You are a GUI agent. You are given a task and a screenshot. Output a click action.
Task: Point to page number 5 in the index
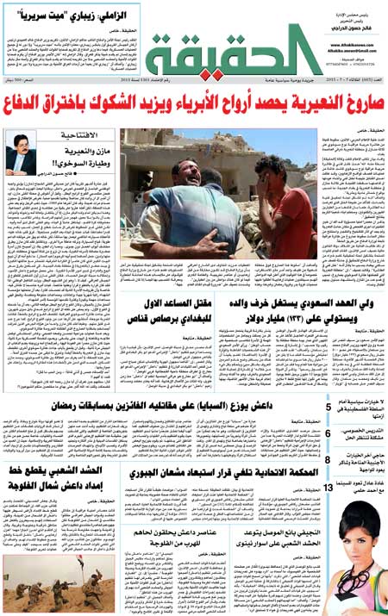click(329, 407)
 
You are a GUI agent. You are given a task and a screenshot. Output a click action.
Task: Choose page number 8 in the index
click(329, 461)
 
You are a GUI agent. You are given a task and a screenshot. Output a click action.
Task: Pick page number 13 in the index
click(329, 488)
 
